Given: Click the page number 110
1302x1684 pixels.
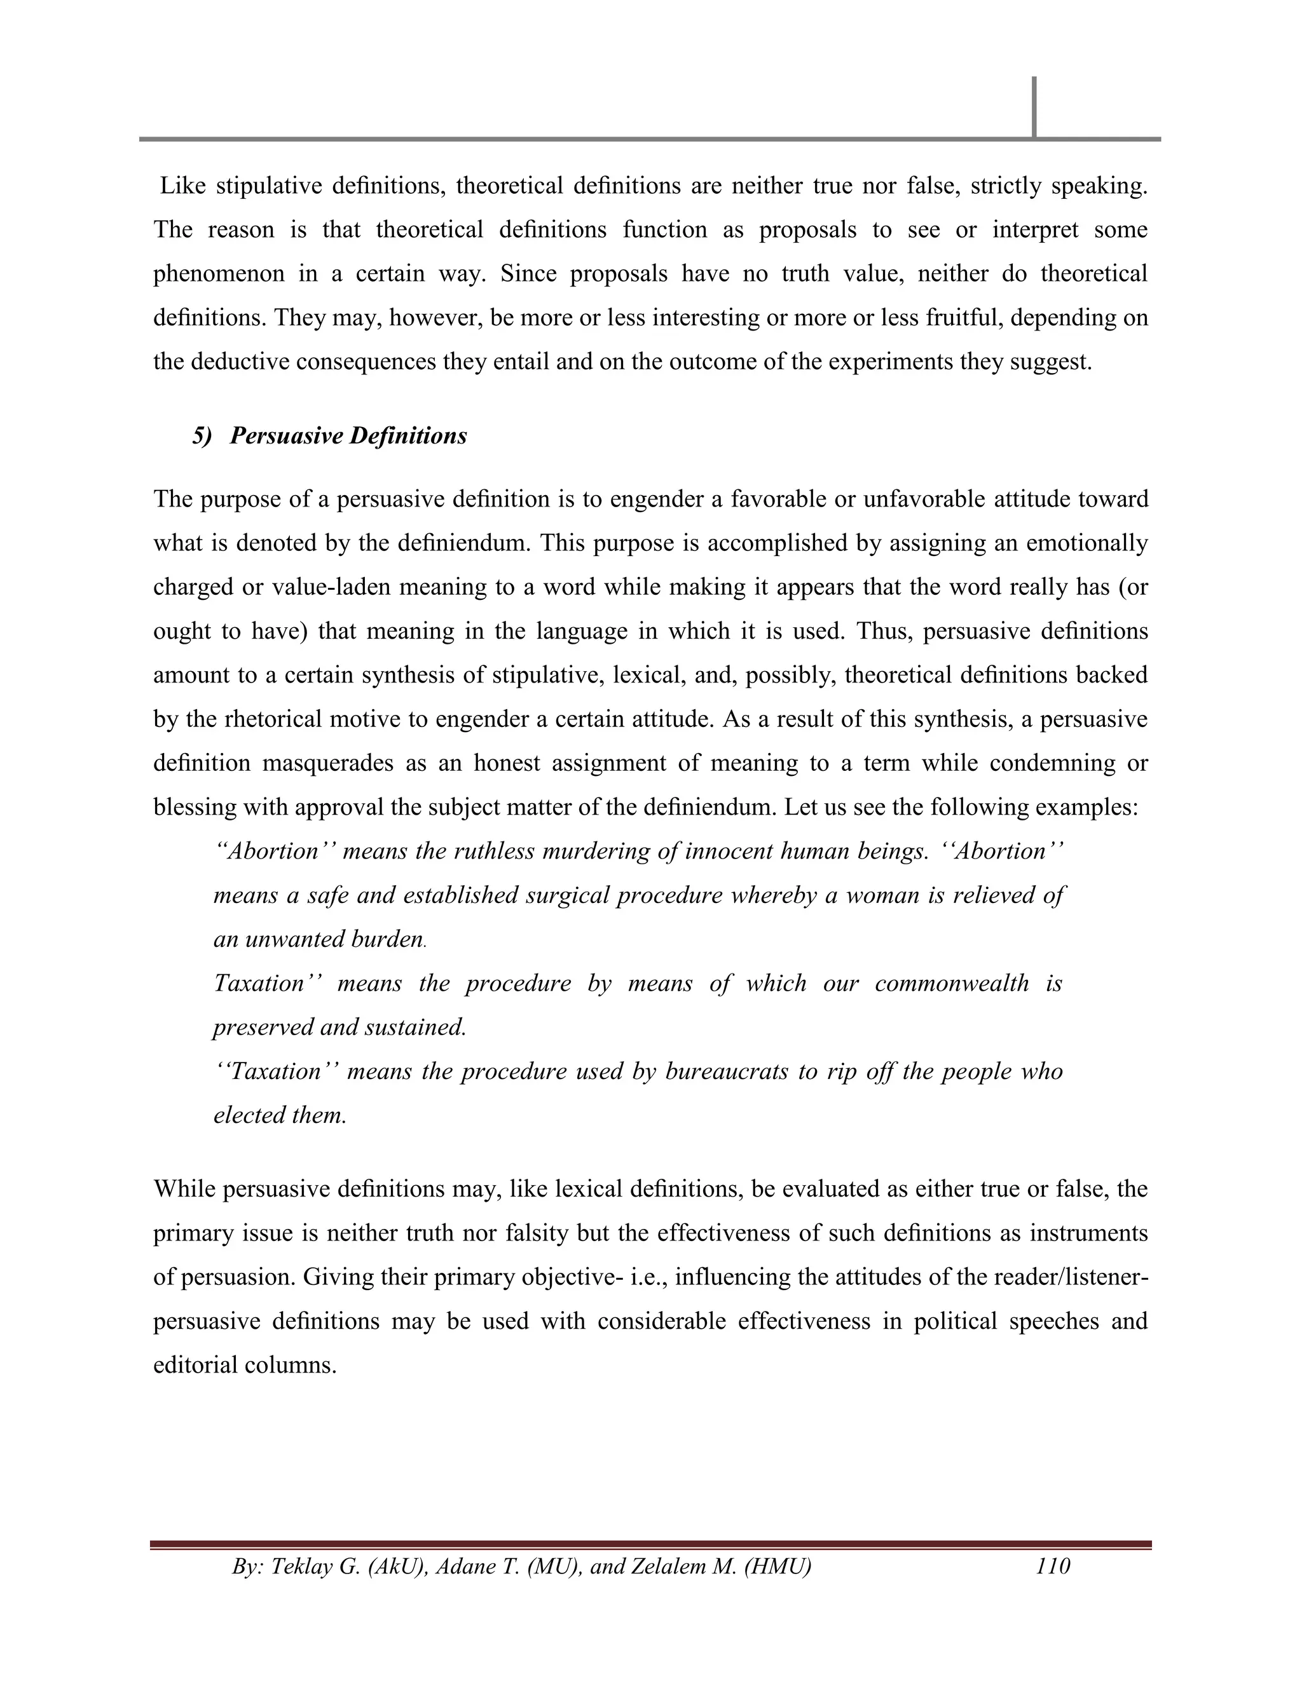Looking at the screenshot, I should tap(1053, 1566).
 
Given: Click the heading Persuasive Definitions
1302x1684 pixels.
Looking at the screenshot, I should tap(348, 437).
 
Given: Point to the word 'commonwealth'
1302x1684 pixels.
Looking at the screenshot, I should tap(951, 983).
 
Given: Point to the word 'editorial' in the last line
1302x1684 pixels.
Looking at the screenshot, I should tap(196, 1365).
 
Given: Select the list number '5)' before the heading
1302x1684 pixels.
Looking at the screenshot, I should tap(202, 437).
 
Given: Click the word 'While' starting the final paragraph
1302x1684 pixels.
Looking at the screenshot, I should tap(184, 1189).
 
